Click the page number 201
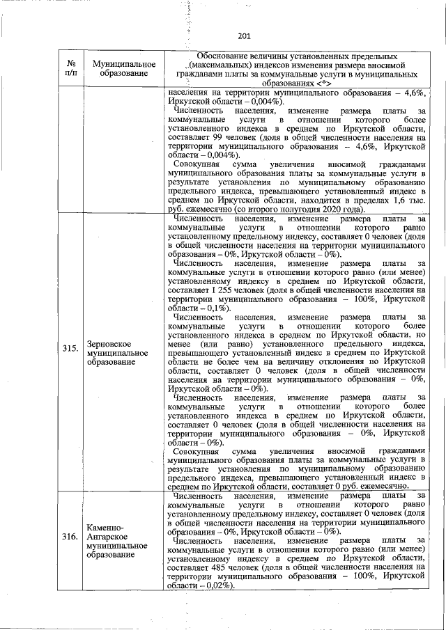pyautogui.click(x=244, y=36)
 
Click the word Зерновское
pyautogui.click(x=109, y=344)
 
